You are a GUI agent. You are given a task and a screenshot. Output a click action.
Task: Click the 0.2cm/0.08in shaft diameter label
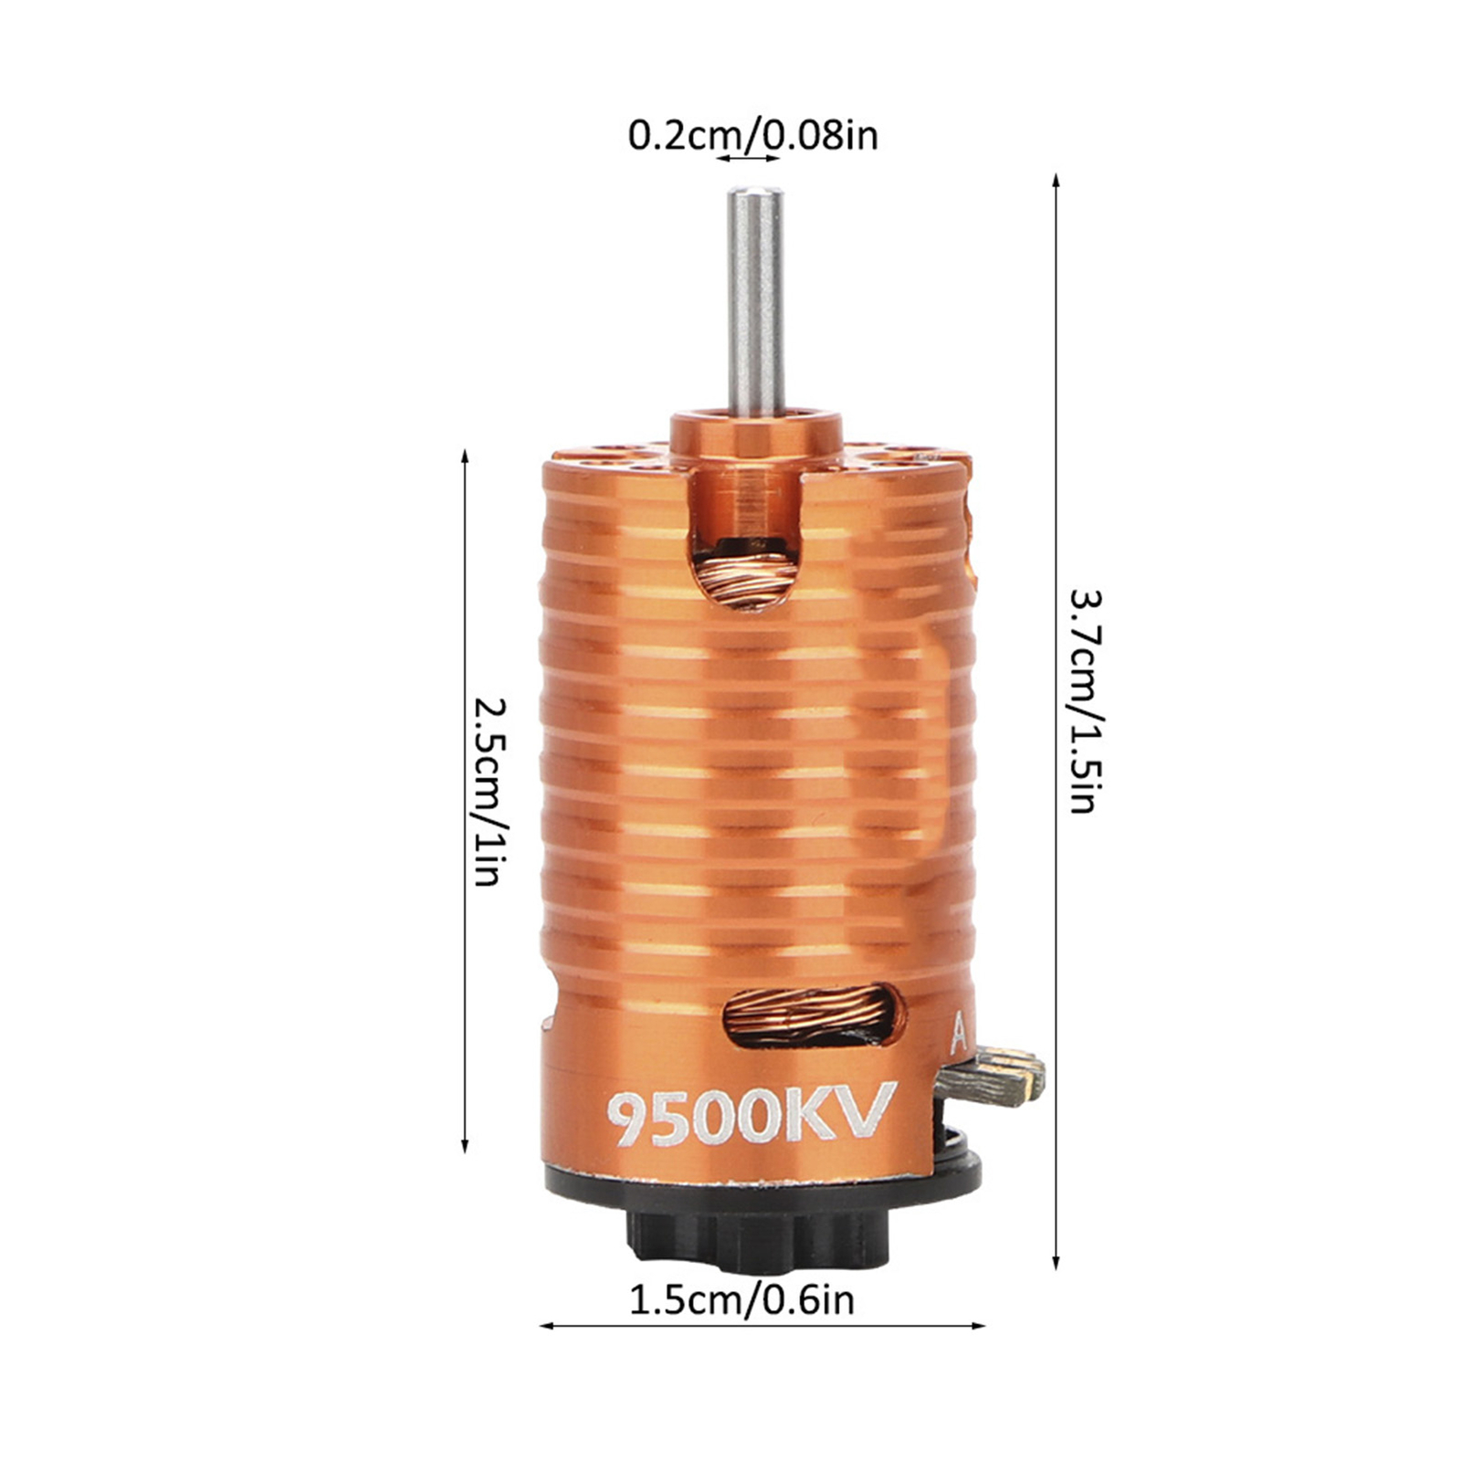click(x=752, y=135)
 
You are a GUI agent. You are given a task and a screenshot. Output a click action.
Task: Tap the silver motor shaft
click(x=755, y=301)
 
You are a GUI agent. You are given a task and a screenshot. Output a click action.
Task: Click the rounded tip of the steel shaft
click(x=755, y=194)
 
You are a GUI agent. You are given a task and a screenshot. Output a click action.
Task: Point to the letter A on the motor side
click(x=958, y=1035)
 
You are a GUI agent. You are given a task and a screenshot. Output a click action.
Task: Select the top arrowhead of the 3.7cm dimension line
click(x=1056, y=179)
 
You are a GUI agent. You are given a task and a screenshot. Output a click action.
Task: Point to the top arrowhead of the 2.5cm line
click(x=465, y=455)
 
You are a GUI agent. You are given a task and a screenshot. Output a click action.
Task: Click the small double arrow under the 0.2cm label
click(x=748, y=159)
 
